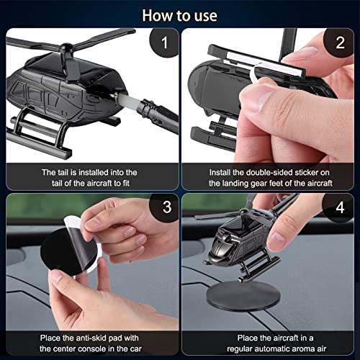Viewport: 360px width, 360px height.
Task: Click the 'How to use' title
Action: pos(180,16)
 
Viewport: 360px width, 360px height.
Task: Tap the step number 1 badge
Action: pos(164,42)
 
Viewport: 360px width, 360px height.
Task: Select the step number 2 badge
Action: pos(339,42)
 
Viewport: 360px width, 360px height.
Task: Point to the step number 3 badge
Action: pos(166,207)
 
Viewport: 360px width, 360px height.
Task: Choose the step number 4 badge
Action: pos(339,207)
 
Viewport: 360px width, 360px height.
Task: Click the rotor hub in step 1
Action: pos(66,48)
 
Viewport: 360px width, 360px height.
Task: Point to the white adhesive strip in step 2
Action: pos(265,62)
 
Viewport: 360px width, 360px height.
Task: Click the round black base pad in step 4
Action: pos(243,297)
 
